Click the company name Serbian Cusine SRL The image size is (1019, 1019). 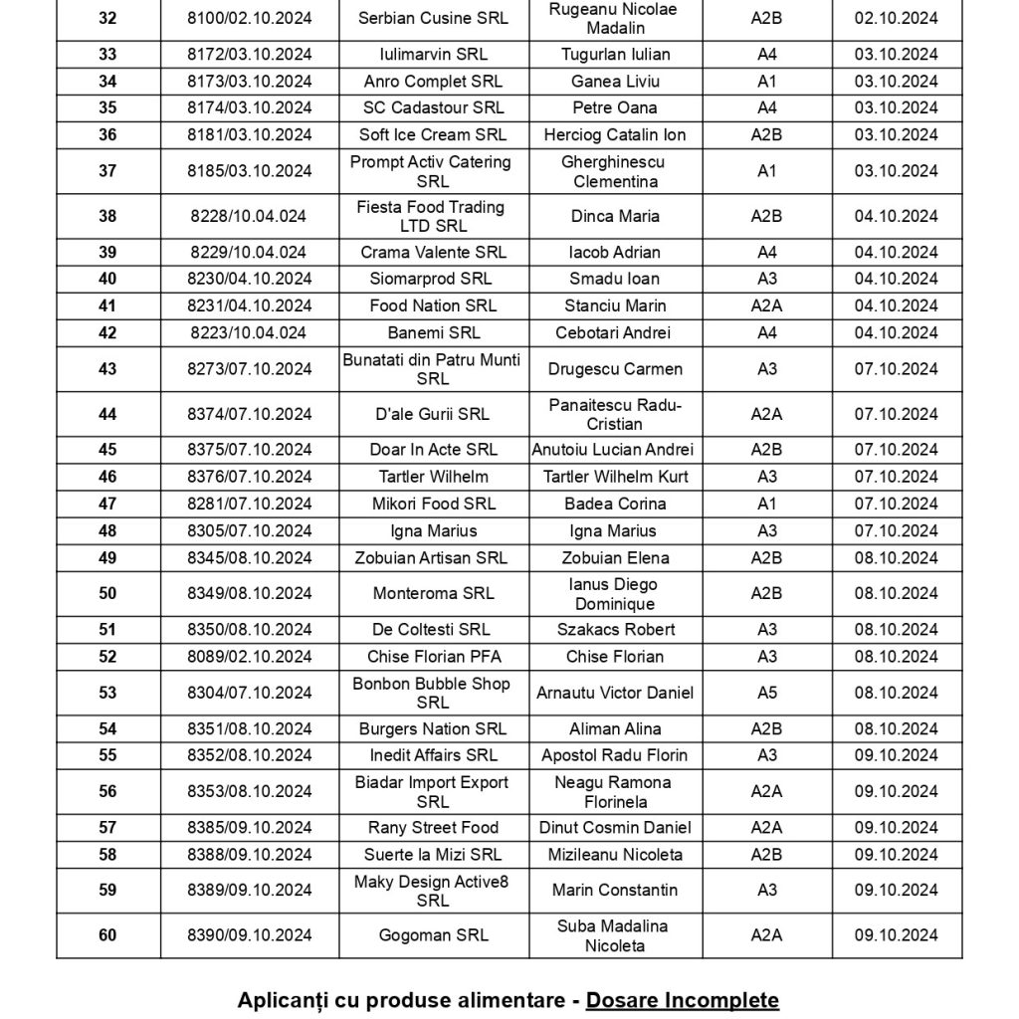(433, 19)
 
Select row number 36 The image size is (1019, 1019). (107, 134)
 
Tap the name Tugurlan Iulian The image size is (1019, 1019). (615, 55)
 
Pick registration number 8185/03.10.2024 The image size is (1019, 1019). (249, 171)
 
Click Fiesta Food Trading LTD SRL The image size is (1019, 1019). (431, 216)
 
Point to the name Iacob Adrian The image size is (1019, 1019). (615, 252)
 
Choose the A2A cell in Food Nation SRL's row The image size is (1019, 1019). (766, 306)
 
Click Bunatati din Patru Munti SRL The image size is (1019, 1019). (432, 369)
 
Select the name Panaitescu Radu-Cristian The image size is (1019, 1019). (615, 414)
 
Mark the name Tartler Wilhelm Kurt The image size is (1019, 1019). (615, 477)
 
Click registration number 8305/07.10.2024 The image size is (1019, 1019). (249, 530)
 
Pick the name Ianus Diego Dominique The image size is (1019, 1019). (615, 594)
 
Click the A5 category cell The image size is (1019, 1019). (766, 693)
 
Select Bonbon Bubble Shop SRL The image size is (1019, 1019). (432, 693)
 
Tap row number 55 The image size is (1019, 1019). (107, 755)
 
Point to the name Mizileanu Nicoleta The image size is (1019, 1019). (615, 855)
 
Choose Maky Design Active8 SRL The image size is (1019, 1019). (432, 891)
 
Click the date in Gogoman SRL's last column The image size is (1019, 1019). (896, 935)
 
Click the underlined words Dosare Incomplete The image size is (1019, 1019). (683, 1000)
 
